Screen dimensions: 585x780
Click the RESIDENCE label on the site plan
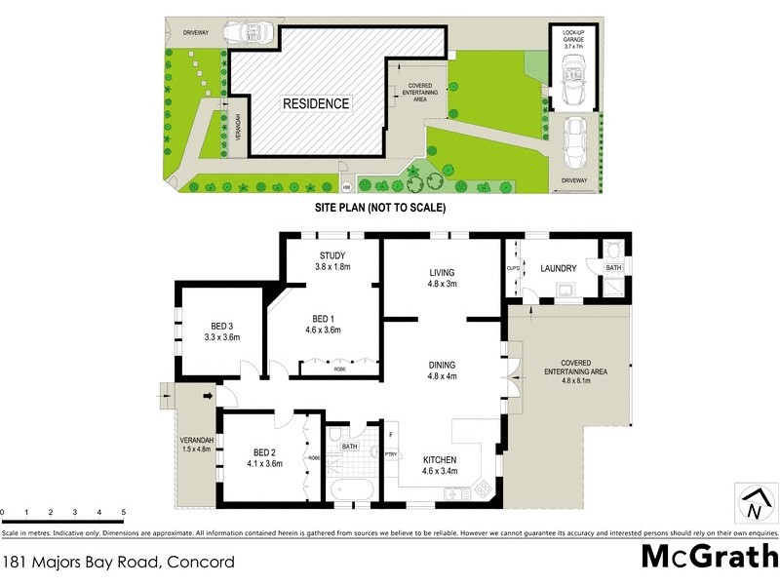pyautogui.click(x=316, y=103)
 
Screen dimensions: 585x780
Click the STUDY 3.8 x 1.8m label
pyautogui.click(x=327, y=261)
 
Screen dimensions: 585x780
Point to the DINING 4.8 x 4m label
pyautogui.click(x=443, y=370)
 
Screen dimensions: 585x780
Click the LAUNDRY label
pyautogui.click(x=560, y=269)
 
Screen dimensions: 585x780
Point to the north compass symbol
pyautogui.click(x=753, y=504)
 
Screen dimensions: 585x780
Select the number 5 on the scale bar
pyautogui.click(x=124, y=512)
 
